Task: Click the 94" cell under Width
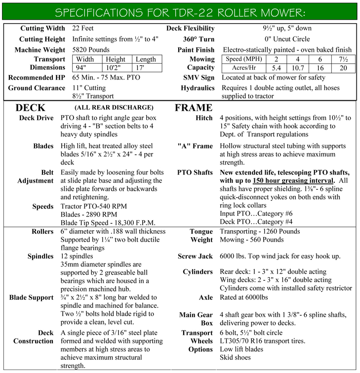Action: click(81, 68)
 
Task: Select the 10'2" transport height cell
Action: click(115, 68)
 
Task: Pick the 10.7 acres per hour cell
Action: click(298, 68)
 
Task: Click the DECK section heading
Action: click(31, 108)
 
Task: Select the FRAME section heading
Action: click(193, 108)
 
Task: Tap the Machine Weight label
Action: click(40, 50)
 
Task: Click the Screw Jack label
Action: click(196, 257)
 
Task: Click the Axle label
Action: click(205, 297)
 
